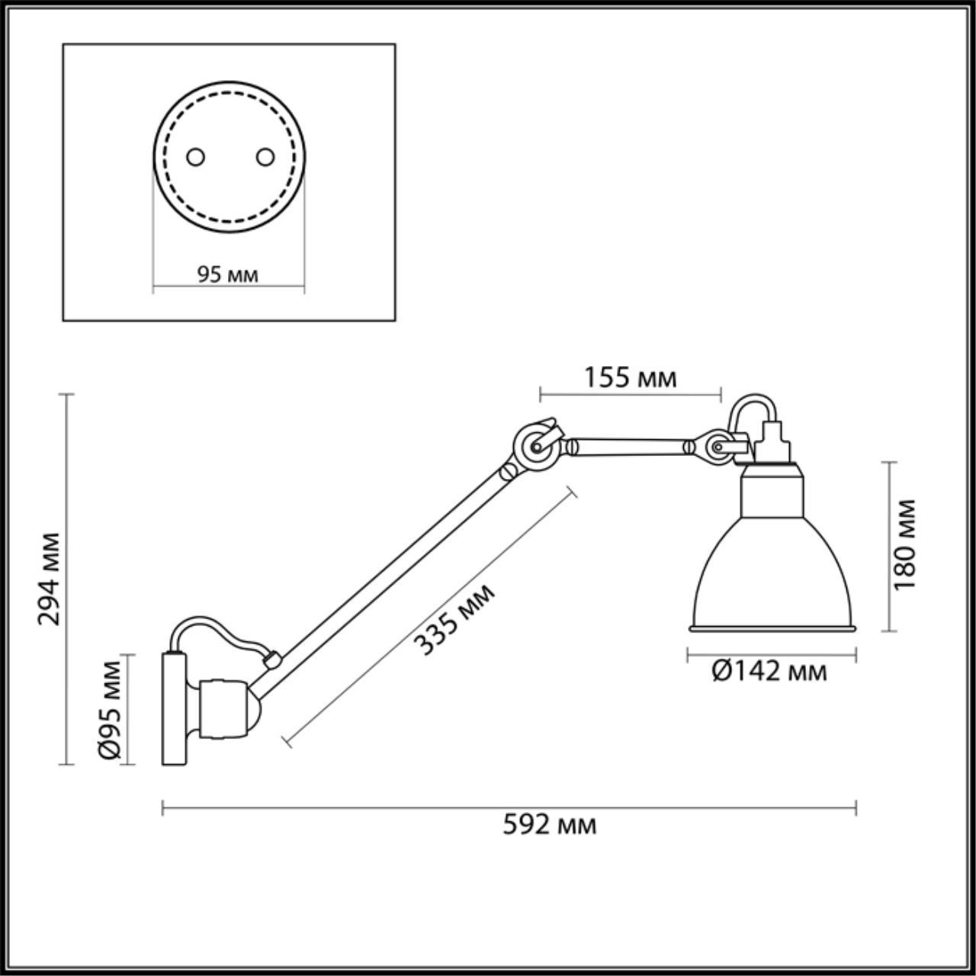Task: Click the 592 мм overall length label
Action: pos(549,824)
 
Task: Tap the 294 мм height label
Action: pos(50,578)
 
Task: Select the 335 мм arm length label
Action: pos(454,618)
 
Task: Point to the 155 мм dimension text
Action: pos(630,377)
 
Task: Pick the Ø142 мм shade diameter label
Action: pos(769,672)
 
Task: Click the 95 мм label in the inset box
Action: pos(227,274)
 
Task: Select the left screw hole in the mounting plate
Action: pos(196,156)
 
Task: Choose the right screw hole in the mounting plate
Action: pos(265,156)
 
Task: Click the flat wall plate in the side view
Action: pos(174,709)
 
